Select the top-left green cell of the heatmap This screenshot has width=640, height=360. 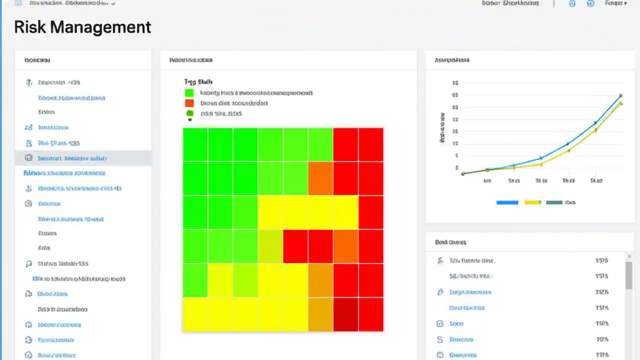click(195, 144)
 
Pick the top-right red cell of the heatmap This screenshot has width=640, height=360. click(371, 144)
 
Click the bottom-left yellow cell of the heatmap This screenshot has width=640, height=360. click(195, 314)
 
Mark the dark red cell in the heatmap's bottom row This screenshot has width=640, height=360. click(346, 314)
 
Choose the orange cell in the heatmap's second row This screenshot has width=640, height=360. click(320, 178)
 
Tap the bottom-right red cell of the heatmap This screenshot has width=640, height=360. click(371, 314)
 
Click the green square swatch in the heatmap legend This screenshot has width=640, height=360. click(189, 93)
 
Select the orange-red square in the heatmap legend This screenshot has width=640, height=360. click(189, 103)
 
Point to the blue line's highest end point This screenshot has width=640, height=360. click(620, 95)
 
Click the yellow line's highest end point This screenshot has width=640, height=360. click(621, 103)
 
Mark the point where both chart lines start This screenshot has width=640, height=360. click(463, 173)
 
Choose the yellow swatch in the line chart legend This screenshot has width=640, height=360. click(532, 202)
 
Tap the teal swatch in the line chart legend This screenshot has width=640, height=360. click(553, 202)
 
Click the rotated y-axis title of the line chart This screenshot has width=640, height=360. click(442, 128)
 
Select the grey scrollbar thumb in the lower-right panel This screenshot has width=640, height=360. click(628, 275)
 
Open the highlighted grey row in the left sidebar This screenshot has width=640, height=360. click(83, 158)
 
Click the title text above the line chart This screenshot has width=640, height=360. click(452, 60)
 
